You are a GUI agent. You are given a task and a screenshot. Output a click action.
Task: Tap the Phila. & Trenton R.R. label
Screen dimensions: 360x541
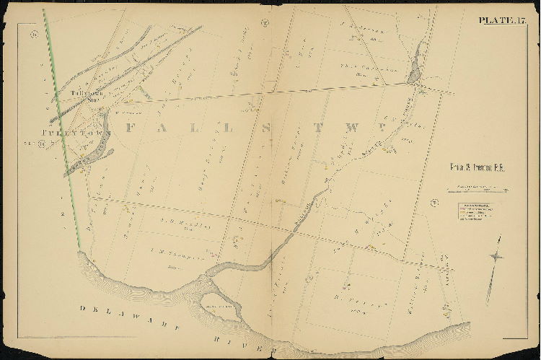[472, 167]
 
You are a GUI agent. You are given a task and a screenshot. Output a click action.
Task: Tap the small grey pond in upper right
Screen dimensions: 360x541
[414, 71]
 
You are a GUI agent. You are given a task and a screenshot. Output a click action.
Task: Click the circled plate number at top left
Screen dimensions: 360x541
[33, 33]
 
